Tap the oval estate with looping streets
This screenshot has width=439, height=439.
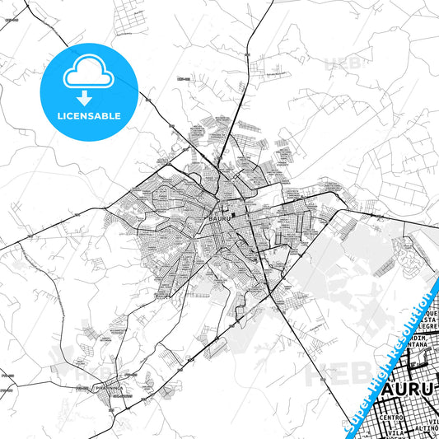[407, 250]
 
